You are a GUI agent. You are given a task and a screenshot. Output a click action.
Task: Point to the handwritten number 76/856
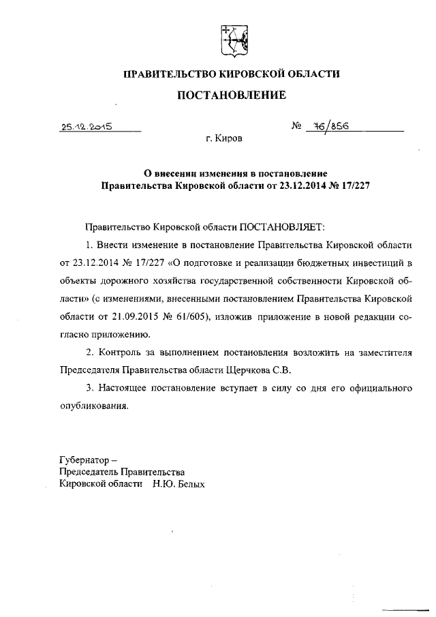[328, 126]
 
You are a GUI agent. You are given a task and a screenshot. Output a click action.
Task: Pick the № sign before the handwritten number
[296, 126]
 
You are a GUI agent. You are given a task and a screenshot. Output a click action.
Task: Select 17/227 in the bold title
[355, 184]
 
